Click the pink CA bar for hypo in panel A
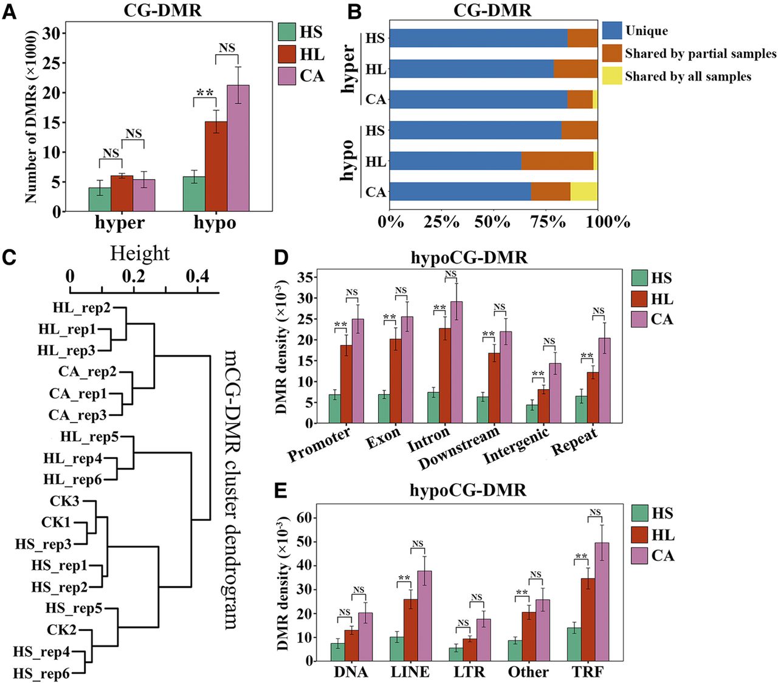point(238,148)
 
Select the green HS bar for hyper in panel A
point(100,199)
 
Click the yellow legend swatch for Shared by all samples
point(611,76)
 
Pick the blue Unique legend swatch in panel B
point(611,30)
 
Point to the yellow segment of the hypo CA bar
point(583,191)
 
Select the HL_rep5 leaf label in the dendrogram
point(89,437)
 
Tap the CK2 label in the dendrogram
point(63,630)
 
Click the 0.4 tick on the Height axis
point(197,276)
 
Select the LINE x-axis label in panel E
point(411,671)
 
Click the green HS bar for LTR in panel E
point(456,654)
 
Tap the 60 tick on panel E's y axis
point(304,517)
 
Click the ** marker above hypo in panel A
point(204,93)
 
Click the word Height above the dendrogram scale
point(139,253)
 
